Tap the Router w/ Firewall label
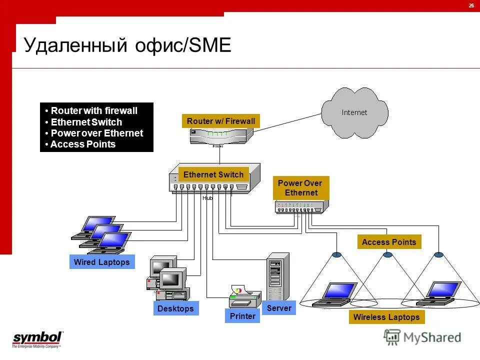(x=221, y=121)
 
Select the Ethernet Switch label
(x=213, y=174)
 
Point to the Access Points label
(x=389, y=242)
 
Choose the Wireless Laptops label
(x=386, y=317)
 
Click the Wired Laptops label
(x=101, y=262)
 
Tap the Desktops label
(x=175, y=308)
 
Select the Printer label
(x=242, y=316)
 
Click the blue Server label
(x=279, y=308)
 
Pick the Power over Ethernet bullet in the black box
(x=96, y=133)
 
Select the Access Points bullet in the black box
(x=82, y=144)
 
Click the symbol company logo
(x=37, y=338)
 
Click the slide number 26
(x=471, y=5)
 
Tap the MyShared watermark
(x=422, y=337)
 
